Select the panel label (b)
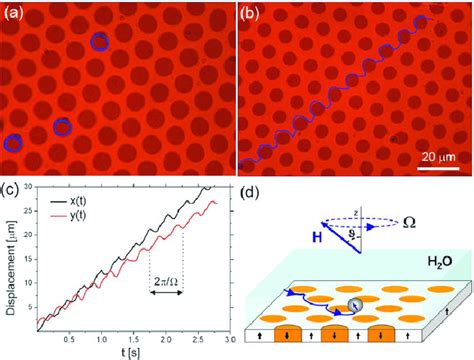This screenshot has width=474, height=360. click(251, 13)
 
